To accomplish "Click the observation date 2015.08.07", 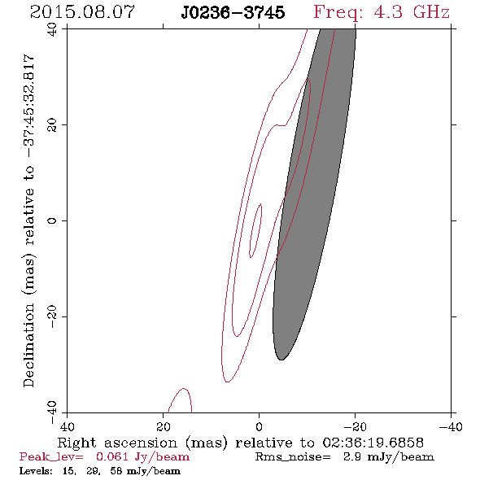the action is (x=82, y=12).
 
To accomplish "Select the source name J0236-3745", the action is (x=233, y=13).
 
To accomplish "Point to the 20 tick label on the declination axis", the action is (x=52, y=125).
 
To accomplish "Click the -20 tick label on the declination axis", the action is (x=52, y=316).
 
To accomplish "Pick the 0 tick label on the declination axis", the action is (x=52, y=220).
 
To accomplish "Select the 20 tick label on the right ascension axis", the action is (x=164, y=426).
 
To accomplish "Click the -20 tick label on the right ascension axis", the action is (x=355, y=426).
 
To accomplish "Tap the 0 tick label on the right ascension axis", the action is (x=260, y=426).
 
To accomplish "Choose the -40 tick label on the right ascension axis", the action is (x=451, y=426).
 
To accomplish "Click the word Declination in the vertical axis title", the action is (x=28, y=345).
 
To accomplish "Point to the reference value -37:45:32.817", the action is (x=28, y=106).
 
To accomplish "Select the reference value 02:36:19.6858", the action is (x=373, y=443).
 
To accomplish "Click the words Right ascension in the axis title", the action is (x=117, y=443).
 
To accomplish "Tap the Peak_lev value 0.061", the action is (x=112, y=457).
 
